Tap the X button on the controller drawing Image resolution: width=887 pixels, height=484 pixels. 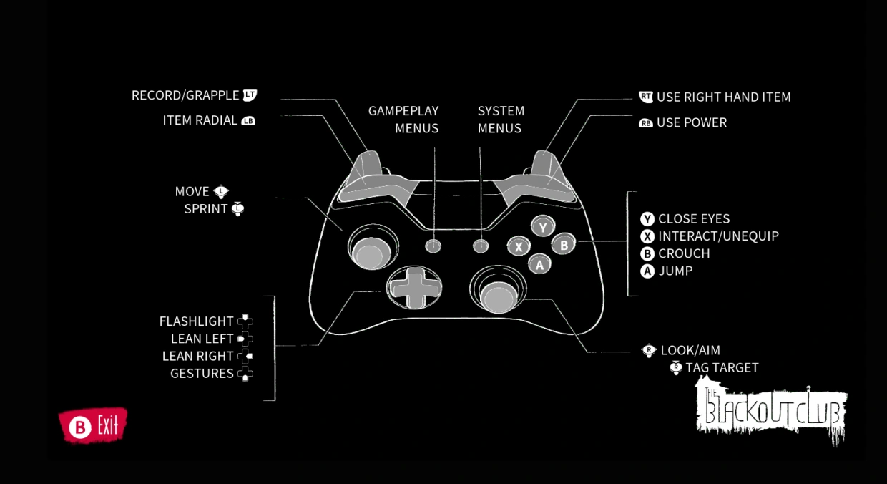(x=519, y=246)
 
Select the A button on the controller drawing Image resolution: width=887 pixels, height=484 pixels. (x=539, y=264)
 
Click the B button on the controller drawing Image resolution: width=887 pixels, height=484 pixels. (x=564, y=245)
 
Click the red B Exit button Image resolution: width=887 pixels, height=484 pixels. (x=92, y=426)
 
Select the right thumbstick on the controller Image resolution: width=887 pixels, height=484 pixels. (x=497, y=294)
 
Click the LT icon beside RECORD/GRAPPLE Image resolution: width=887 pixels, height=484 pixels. (x=250, y=95)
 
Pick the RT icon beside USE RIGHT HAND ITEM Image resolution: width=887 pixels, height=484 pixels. (x=646, y=97)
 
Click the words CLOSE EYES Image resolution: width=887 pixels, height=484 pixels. (x=694, y=219)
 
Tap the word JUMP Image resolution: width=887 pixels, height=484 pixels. (x=675, y=271)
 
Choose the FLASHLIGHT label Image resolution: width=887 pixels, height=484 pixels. (x=196, y=321)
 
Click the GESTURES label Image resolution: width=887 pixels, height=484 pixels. (x=202, y=374)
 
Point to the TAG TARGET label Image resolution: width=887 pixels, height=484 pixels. (x=722, y=368)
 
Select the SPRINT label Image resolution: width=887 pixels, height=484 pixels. (x=205, y=209)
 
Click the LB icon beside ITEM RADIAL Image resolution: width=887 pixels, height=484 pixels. (x=248, y=121)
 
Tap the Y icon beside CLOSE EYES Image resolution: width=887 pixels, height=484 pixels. (x=647, y=219)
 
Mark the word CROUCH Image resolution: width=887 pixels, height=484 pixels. (x=684, y=254)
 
